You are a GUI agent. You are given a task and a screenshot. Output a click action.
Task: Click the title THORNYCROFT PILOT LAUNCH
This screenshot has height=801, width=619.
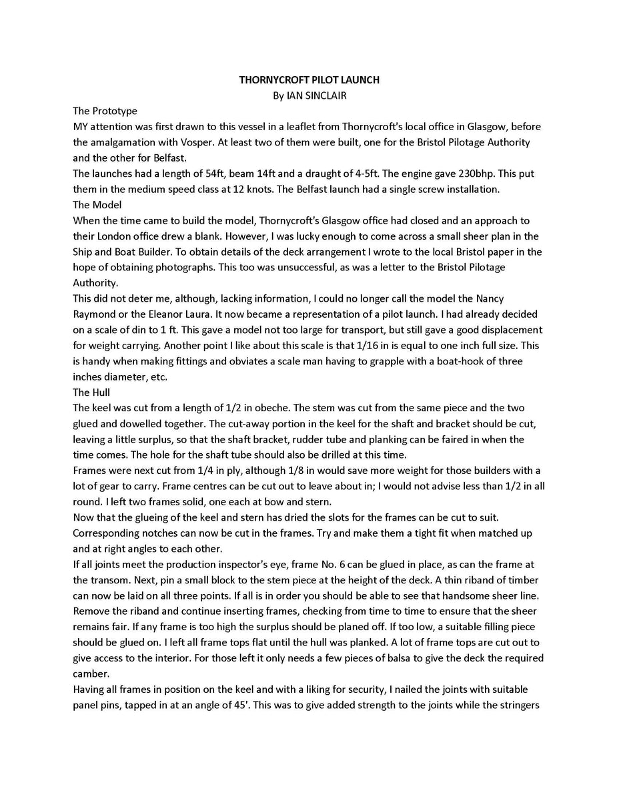[309, 80]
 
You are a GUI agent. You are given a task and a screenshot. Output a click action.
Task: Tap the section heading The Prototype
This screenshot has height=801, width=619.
[105, 111]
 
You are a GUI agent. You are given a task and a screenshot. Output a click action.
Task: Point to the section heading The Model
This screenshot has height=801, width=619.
[97, 205]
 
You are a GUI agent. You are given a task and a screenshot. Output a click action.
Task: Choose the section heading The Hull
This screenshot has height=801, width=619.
[91, 392]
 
